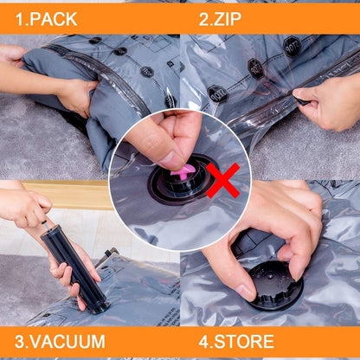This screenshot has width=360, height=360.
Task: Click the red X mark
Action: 222,179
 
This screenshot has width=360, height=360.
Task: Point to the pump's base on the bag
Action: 96,305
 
